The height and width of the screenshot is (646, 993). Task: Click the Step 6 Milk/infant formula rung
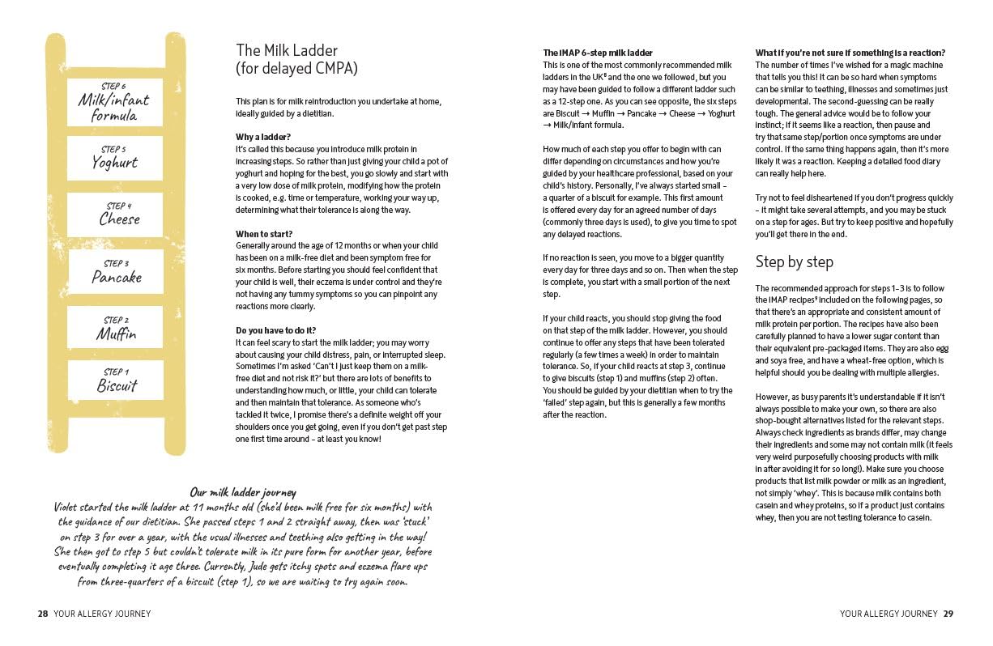(115, 102)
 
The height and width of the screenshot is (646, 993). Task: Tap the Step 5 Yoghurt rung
(114, 158)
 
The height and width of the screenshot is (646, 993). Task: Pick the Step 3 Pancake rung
(116, 272)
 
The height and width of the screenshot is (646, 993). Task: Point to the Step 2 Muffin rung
(116, 329)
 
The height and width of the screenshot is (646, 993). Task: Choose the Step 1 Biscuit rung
(116, 380)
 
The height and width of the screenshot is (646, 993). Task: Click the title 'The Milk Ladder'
(287, 51)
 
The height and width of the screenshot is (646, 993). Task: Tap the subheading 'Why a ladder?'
(263, 137)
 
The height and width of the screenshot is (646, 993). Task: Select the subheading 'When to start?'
(264, 233)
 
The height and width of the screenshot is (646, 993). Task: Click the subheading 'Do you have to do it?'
(275, 330)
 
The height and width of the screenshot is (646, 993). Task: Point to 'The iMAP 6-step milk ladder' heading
(597, 53)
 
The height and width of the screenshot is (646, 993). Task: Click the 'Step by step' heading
(794, 261)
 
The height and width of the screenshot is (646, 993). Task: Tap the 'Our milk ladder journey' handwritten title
(243, 491)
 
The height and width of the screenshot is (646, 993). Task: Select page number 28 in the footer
(43, 614)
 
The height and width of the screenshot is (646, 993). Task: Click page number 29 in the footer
(948, 614)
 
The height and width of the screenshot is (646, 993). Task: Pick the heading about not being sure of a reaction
(850, 53)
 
